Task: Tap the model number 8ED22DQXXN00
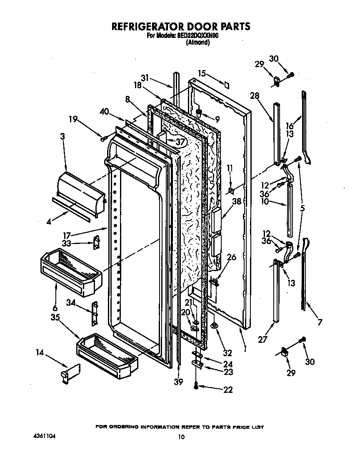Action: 195,36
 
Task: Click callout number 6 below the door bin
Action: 55,308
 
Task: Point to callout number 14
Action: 40,352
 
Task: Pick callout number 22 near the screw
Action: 228,390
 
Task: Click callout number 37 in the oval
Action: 180,142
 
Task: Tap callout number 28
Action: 255,96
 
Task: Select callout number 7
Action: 320,322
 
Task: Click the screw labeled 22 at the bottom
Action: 195,387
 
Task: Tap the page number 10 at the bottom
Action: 181,437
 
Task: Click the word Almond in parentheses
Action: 197,42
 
